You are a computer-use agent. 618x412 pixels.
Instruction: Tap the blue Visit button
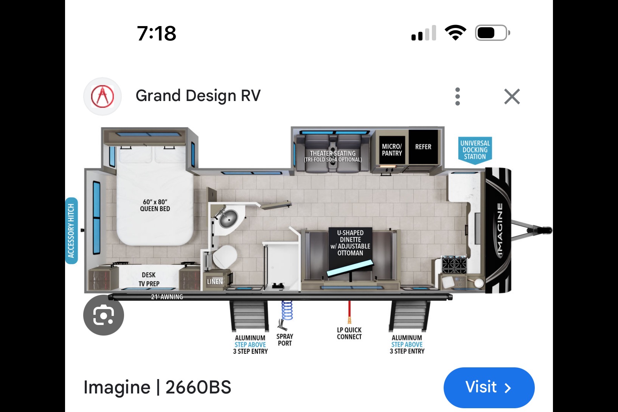[489, 387]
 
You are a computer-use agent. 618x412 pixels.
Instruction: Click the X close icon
[512, 96]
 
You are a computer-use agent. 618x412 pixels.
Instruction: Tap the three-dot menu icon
[457, 96]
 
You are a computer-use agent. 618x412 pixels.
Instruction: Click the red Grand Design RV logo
[102, 96]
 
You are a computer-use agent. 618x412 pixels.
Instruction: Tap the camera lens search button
[104, 315]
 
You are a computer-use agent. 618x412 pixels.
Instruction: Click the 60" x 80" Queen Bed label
[155, 205]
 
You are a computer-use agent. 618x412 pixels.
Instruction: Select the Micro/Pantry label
[392, 149]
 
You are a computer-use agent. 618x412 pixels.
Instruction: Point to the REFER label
[423, 147]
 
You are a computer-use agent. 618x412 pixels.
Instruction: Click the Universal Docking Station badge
[475, 151]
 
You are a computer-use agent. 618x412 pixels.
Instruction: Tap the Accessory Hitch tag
[71, 231]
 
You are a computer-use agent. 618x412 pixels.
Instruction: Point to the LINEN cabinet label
[215, 281]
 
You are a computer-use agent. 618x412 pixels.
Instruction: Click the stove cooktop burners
[454, 264]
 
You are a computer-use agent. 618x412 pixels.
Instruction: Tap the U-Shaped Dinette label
[350, 243]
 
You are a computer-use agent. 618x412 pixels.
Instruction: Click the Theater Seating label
[332, 156]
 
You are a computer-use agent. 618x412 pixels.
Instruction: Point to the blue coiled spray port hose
[287, 310]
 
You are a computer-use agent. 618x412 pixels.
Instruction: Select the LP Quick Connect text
[349, 333]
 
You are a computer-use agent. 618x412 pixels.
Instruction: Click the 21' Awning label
[167, 297]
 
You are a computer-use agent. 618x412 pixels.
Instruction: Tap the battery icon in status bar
[492, 33]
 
